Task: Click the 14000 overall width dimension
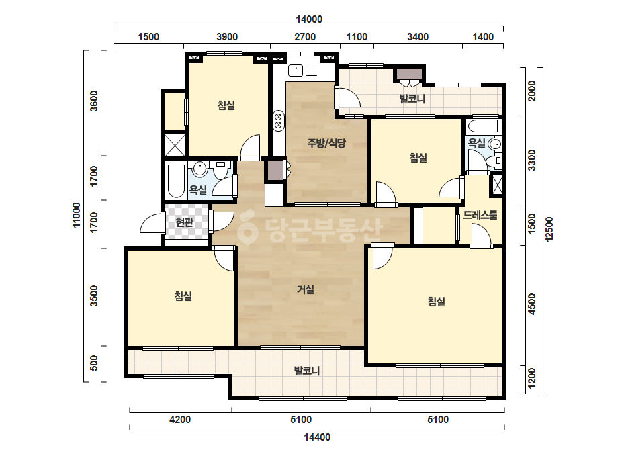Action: (309, 19)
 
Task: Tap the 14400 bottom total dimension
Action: (317, 437)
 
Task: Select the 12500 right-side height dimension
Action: (549, 228)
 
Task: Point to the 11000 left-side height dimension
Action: (77, 215)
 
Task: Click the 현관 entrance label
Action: (185, 222)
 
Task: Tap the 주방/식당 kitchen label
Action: (326, 143)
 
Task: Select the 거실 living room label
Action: (306, 289)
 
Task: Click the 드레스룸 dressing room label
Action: (480, 215)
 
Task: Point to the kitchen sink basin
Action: (296, 71)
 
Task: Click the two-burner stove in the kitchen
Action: (278, 121)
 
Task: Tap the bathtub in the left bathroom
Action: (177, 181)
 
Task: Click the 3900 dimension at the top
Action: (227, 37)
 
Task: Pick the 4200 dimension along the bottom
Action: (180, 419)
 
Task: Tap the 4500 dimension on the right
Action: (532, 304)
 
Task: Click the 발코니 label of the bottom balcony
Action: (307, 371)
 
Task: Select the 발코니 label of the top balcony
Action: (412, 99)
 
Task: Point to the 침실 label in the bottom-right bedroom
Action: (437, 302)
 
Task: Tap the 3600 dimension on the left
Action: (94, 101)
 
